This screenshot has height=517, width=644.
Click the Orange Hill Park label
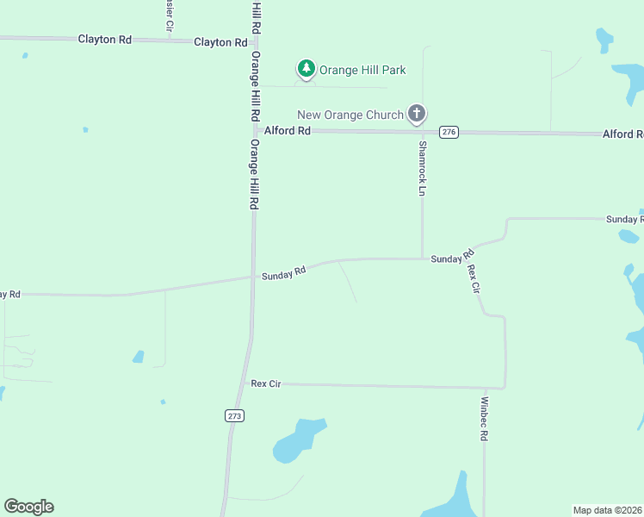(x=362, y=70)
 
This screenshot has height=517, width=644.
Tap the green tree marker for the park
(x=306, y=68)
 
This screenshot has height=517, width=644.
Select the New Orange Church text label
(x=350, y=115)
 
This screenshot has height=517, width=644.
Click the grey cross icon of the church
(x=417, y=113)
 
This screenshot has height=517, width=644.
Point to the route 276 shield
(x=449, y=132)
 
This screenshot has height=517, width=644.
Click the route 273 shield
(x=235, y=415)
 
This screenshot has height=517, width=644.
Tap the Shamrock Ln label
(x=422, y=167)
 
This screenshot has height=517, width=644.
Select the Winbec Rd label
(x=484, y=419)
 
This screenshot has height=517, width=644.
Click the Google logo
(x=28, y=507)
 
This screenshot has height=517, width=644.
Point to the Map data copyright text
(x=608, y=510)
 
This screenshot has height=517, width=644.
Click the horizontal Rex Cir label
(x=266, y=383)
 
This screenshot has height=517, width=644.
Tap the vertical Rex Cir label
(x=473, y=278)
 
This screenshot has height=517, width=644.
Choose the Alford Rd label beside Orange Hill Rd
(x=288, y=130)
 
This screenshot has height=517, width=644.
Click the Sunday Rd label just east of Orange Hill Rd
(x=284, y=272)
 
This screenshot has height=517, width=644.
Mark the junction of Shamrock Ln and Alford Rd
(x=422, y=132)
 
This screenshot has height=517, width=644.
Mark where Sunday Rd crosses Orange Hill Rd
(x=253, y=277)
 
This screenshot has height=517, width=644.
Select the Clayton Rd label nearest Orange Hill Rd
(x=214, y=41)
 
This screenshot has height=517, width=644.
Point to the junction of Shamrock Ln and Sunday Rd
(x=422, y=258)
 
